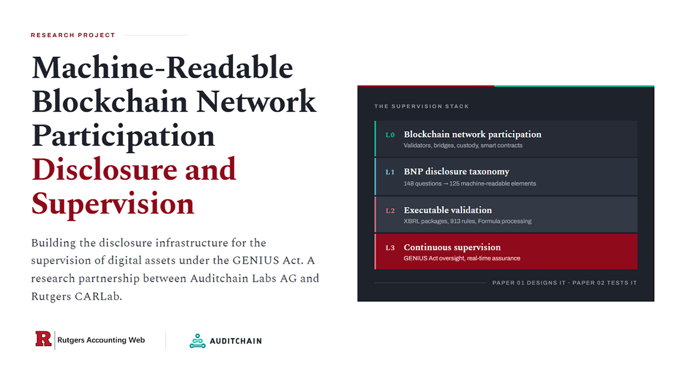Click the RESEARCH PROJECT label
click(72, 35)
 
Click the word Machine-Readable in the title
click(162, 68)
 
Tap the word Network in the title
click(256, 102)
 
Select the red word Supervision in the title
click(113, 203)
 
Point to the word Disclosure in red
click(104, 169)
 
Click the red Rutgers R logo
click(43, 339)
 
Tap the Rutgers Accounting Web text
click(101, 340)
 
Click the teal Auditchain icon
click(197, 341)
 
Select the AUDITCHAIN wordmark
click(236, 342)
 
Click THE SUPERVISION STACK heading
click(422, 106)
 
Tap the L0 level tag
click(390, 135)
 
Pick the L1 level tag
click(390, 172)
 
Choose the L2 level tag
click(390, 211)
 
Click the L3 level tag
click(390, 248)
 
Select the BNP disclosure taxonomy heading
click(456, 172)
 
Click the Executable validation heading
click(448, 210)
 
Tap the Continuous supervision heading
click(452, 247)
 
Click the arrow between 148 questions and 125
click(445, 184)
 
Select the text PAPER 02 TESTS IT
click(604, 283)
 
